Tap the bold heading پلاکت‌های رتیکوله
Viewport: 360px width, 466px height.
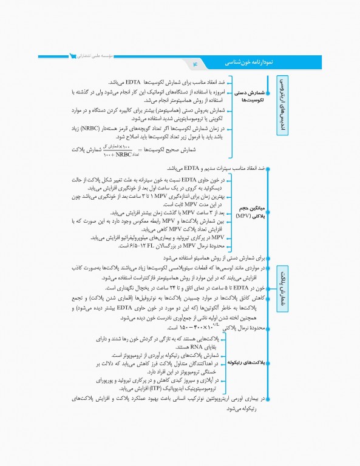point(243,362)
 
